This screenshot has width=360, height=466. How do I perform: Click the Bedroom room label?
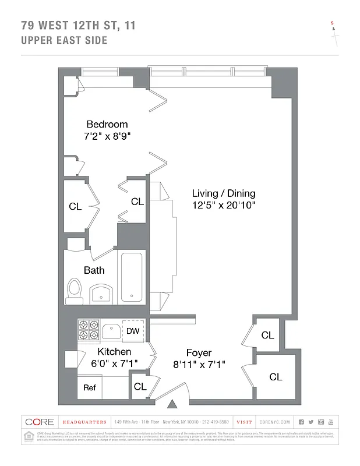[107, 124]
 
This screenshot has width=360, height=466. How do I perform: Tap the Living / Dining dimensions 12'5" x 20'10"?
[224, 205]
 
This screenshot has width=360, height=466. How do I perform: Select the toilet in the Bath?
[74, 291]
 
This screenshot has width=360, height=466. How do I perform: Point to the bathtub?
[133, 277]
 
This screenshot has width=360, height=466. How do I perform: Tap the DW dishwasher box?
[133, 331]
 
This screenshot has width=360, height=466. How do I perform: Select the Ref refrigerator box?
[89, 387]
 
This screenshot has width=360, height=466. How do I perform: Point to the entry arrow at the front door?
[173, 403]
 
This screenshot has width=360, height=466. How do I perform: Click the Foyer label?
[199, 353]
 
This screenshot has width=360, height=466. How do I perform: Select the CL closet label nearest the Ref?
[140, 386]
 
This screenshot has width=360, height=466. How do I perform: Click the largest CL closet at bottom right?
[276, 377]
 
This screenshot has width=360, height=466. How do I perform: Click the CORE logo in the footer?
[40, 422]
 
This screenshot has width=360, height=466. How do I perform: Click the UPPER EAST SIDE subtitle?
[64, 40]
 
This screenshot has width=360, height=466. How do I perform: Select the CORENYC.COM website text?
[273, 422]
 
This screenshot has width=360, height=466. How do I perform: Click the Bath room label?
[94, 270]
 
